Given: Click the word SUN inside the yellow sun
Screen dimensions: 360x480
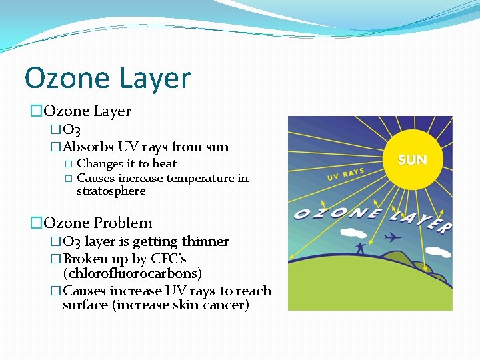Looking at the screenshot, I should point(412,160).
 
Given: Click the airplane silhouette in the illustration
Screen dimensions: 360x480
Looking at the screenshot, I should point(393,237).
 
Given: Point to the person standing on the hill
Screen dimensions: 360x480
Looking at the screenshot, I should point(360,248).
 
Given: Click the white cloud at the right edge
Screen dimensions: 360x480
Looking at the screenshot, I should point(438,252).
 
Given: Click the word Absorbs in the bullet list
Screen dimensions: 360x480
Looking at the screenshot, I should point(88,147).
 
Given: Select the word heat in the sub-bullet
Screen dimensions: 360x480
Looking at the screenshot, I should point(164,163).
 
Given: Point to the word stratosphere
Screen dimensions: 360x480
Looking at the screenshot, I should point(111,191).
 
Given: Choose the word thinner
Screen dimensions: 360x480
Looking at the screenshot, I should point(204,241).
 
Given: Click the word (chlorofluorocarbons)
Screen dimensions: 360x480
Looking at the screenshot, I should point(132,273).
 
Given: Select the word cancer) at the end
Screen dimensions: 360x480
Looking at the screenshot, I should point(227,305).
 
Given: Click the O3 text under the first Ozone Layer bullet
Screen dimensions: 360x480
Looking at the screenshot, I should point(71,129).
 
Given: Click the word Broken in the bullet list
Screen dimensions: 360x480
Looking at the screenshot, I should point(85,259).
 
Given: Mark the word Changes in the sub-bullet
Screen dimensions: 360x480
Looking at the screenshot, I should point(100,163).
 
